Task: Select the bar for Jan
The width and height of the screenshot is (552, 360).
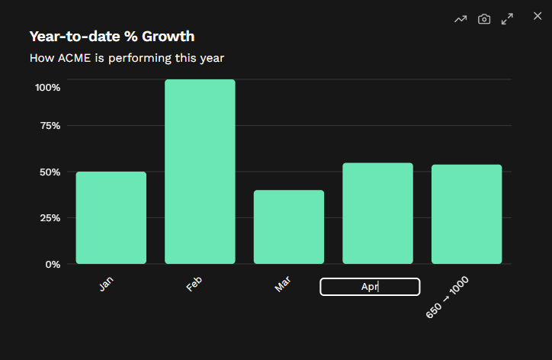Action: tap(111, 218)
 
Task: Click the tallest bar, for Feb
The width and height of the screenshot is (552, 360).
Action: tap(200, 172)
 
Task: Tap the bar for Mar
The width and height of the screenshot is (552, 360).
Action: tap(289, 227)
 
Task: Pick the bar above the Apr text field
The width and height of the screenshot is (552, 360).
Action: tap(377, 214)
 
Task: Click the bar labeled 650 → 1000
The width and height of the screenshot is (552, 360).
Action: tap(467, 214)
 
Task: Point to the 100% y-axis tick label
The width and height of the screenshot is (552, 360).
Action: tap(48, 87)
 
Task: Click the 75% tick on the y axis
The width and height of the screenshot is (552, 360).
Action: tap(50, 125)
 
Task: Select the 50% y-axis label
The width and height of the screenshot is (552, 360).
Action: tap(50, 172)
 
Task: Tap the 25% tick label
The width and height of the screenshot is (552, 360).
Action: tap(50, 218)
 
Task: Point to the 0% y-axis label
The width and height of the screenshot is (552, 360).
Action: tap(53, 264)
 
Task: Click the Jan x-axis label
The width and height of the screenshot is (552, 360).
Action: tap(106, 284)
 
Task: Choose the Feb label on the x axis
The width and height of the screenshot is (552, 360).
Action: tap(194, 284)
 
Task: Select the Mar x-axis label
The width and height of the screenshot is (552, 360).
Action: tap(283, 284)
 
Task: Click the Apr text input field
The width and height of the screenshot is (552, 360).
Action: tap(370, 287)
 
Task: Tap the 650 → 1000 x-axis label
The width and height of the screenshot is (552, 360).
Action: tap(448, 297)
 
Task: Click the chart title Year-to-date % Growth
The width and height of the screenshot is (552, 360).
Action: tap(112, 36)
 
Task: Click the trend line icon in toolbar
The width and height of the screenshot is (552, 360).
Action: tap(461, 19)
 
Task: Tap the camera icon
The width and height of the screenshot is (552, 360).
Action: tap(484, 19)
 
